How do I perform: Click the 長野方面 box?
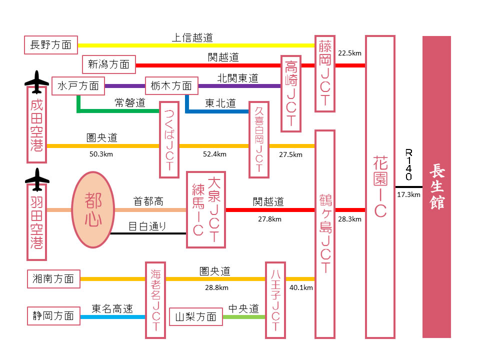[50, 45]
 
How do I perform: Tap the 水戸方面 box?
[78, 86]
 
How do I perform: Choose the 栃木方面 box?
[171, 86]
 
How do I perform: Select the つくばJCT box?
[169, 139]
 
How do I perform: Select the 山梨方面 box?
[195, 316]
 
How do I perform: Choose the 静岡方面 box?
[53, 316]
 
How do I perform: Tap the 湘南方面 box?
[53, 278]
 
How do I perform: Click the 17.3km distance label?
[408, 194]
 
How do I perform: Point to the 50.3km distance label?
[101, 154]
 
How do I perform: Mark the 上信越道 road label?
[192, 37]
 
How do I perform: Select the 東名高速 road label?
[112, 309]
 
